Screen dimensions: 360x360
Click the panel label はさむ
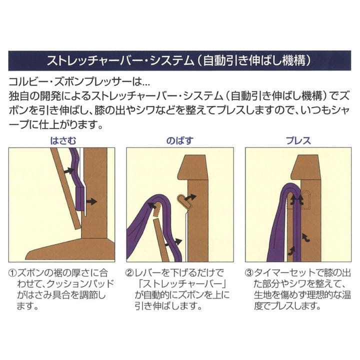point(66,140)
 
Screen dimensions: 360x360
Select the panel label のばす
point(178,140)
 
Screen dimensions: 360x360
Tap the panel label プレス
point(298,140)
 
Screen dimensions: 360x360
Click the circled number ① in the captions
point(13,274)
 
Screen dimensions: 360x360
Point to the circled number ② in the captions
point(129,274)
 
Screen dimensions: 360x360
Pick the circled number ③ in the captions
point(248,274)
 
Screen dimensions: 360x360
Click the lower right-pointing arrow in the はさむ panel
point(91,201)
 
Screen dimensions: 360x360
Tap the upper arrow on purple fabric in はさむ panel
point(69,170)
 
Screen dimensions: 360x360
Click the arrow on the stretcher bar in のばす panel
point(189,199)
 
